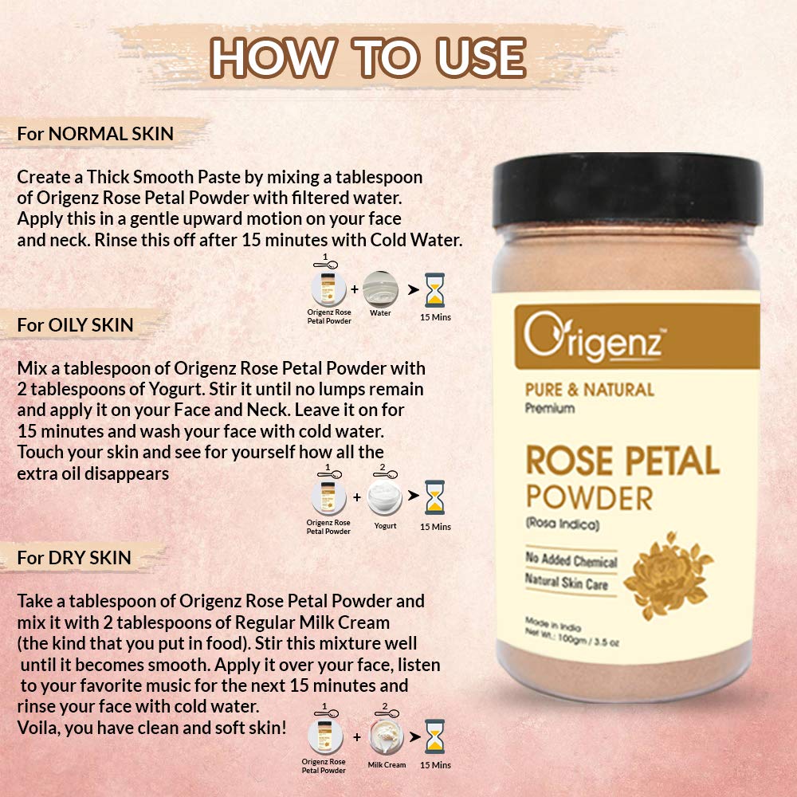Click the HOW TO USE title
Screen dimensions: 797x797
coord(368,57)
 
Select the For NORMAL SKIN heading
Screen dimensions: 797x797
coord(95,133)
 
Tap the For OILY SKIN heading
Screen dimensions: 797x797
coord(75,325)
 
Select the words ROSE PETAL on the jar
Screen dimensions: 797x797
coord(622,461)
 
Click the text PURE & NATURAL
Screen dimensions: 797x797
coord(589,390)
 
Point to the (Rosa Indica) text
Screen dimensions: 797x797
coord(562,524)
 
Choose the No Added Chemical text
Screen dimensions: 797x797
coord(571,559)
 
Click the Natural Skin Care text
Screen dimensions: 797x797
coord(566,583)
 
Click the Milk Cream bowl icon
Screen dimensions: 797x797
coord(387,738)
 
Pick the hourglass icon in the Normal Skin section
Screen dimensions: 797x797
coord(436,290)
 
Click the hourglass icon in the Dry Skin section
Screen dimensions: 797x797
coord(435,737)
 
